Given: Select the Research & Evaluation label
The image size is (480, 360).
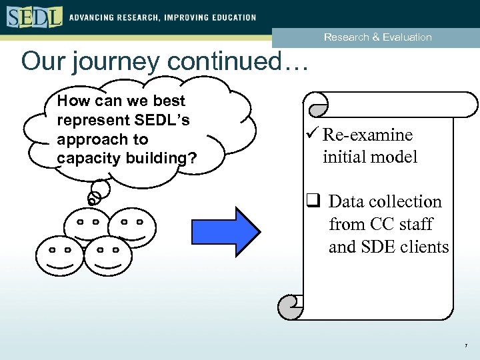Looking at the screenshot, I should tap(377, 37).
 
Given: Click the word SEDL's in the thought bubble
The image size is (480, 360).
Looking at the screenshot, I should tap(165, 121).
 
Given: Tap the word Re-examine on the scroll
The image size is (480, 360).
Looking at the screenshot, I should tap(367, 135).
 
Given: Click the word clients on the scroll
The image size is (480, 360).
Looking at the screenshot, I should tap(421, 247).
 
